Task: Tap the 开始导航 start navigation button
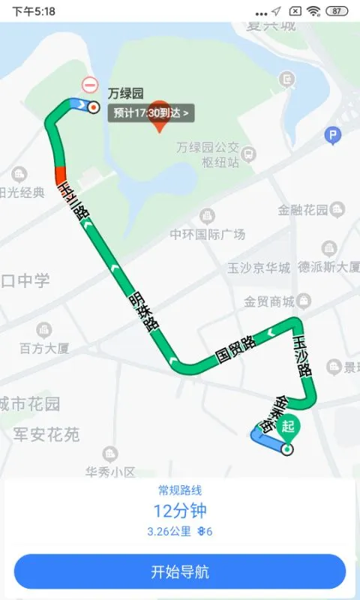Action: tap(180, 571)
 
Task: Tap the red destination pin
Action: tap(159, 117)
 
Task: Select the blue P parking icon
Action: tap(332, 135)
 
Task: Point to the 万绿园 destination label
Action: tap(125, 94)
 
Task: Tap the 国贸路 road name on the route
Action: tap(235, 349)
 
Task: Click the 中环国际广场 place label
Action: tap(208, 235)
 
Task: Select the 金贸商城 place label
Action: tap(268, 301)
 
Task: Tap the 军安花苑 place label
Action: tap(46, 434)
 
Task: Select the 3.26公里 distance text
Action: tap(169, 532)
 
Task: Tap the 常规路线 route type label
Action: tap(180, 490)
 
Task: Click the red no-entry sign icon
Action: tap(90, 85)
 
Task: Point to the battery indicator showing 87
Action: tap(338, 11)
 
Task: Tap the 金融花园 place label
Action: tap(303, 210)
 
